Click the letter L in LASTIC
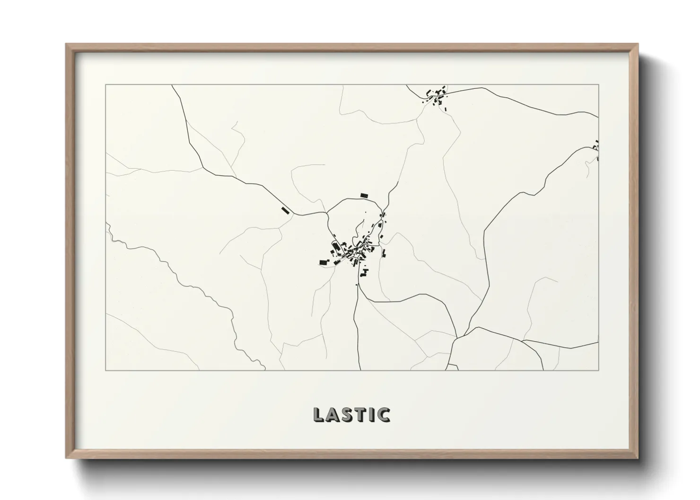click(x=318, y=414)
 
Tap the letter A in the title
click(x=333, y=414)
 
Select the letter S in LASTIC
click(x=348, y=414)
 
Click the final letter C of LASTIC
click(x=384, y=414)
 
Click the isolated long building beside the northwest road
click(x=285, y=210)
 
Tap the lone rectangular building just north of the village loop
click(x=364, y=195)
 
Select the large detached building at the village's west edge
click(x=324, y=262)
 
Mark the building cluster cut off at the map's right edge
click(x=597, y=149)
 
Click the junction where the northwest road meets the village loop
click(x=327, y=214)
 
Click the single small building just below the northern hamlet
click(x=446, y=109)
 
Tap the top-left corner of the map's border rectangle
click(x=106, y=85)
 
